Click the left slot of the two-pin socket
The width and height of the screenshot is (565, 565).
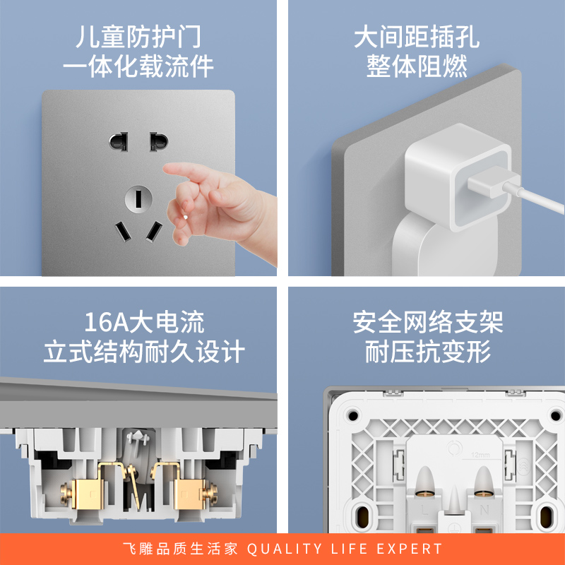point(118,141)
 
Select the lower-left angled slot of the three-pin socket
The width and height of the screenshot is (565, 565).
point(121,231)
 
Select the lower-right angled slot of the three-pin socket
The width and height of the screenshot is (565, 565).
point(153,230)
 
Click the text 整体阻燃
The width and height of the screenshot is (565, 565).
point(417,67)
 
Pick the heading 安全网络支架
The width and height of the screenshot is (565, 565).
point(428,323)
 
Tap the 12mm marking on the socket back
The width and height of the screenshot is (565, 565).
point(480,454)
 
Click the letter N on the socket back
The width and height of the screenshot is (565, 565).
point(483,508)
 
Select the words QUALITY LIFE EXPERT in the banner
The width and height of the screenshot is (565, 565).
point(347,549)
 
